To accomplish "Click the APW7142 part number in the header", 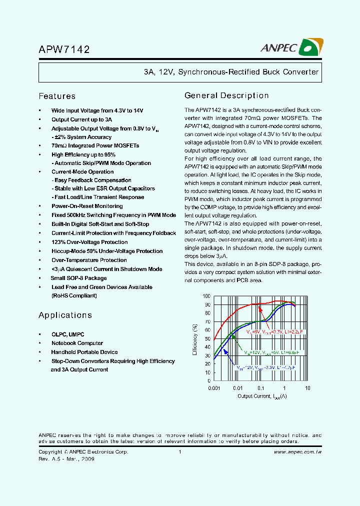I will pos(64,49).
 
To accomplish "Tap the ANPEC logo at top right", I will pos(292,47).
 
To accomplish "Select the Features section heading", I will pos(57,96).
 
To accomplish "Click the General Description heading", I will pos(226,95).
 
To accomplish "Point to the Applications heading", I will pos(65,315).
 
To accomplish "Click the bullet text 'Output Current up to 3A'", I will pos(81,119).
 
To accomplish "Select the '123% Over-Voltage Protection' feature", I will pos(89,242).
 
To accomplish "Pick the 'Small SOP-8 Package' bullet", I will pos(79,278).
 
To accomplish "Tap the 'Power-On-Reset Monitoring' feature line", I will pos(87,206).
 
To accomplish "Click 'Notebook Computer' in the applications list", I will pos(77,343).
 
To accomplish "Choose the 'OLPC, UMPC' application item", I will pos(68,334).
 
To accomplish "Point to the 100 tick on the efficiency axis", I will pos(207,296).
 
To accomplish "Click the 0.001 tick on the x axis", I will pos(214,388).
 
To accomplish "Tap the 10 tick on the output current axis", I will pos(307,388).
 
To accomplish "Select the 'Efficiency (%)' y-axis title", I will pos(195,339).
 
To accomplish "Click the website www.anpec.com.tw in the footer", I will pos(297,452).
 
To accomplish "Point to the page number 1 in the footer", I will pos(179,452).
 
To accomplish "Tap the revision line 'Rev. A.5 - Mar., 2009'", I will pos(66,458).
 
